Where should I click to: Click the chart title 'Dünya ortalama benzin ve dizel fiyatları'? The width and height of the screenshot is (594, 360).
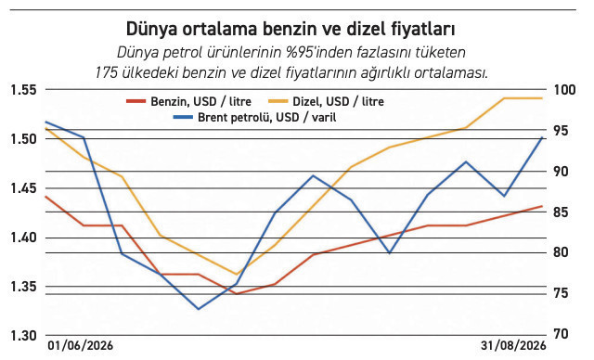(x=291, y=29)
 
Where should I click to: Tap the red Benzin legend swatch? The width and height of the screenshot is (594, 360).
(x=136, y=101)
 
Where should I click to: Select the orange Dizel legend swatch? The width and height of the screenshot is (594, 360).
(x=278, y=101)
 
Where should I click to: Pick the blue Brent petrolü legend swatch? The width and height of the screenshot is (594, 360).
(x=183, y=117)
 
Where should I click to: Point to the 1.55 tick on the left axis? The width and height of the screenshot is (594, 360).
(x=23, y=90)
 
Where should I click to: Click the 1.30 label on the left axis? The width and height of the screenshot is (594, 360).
(x=23, y=336)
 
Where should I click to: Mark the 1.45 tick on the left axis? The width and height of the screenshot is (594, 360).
(x=23, y=188)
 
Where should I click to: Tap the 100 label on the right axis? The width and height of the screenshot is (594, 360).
(x=564, y=90)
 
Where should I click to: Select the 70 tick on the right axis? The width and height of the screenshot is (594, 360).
(x=561, y=334)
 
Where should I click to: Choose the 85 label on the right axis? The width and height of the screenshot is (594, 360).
(x=561, y=212)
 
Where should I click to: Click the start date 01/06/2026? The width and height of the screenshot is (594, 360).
(x=81, y=345)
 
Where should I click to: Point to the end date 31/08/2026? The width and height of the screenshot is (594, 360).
(x=513, y=345)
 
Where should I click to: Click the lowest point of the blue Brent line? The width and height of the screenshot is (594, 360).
(x=198, y=309)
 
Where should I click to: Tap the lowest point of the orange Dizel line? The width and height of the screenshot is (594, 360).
(x=236, y=274)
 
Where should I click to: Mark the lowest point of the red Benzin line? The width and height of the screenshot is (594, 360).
(x=236, y=294)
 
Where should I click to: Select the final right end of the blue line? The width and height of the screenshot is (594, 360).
(x=542, y=137)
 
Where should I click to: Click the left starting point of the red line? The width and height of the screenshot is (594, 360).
(x=45, y=197)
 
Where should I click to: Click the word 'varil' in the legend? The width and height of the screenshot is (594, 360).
(x=324, y=117)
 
